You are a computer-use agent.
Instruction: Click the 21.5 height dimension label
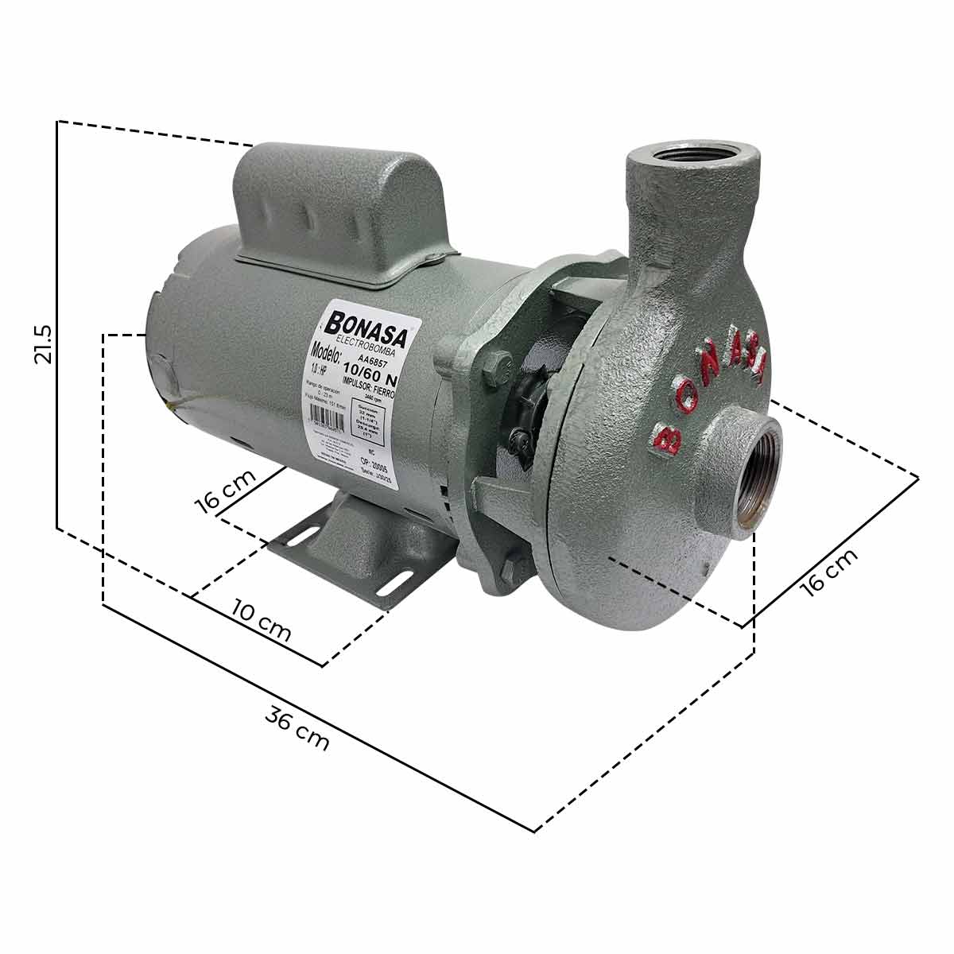(x=42, y=343)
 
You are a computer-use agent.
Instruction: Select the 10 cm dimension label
(x=262, y=620)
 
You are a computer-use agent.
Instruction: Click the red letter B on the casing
(x=666, y=436)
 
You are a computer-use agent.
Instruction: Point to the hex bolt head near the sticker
(x=493, y=367)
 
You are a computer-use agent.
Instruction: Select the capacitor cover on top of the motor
(x=342, y=211)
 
